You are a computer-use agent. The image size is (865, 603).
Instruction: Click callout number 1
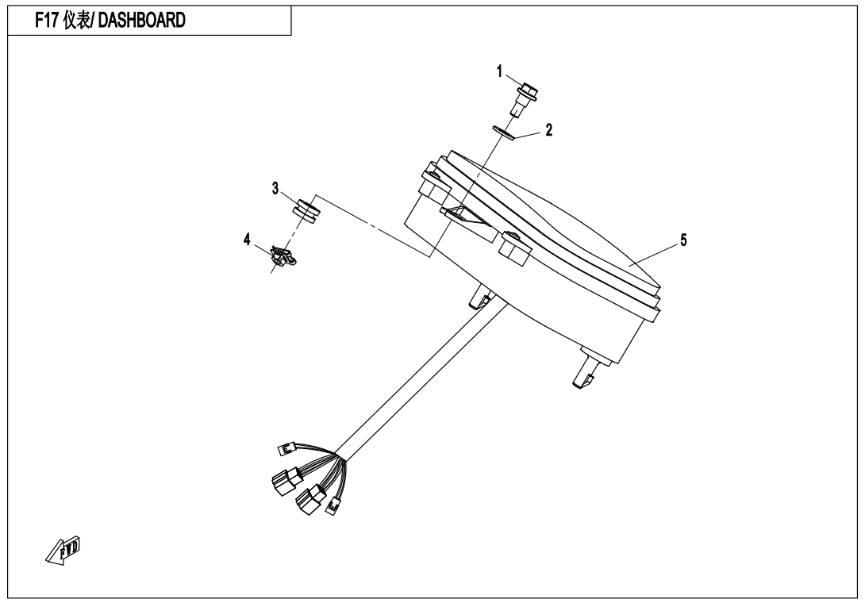pos(500,71)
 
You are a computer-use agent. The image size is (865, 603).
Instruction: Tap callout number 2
pos(548,130)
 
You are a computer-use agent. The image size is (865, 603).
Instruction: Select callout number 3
pos(275,189)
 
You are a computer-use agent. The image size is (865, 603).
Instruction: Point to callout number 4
pos(247,240)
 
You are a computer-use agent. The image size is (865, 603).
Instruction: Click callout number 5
pos(683,240)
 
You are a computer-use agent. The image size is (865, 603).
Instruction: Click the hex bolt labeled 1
pos(526,100)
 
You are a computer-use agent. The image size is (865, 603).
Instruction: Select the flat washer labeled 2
pos(504,133)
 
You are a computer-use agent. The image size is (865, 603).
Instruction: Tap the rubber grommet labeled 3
pos(306,211)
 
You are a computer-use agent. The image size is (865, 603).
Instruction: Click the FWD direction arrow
pos(63,550)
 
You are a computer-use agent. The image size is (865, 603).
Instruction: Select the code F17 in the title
pos(47,21)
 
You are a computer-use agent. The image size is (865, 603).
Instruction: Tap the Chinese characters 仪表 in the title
pos(76,21)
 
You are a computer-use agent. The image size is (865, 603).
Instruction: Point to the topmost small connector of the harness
pos(288,448)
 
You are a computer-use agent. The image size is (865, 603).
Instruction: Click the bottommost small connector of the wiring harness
pos(333,505)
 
